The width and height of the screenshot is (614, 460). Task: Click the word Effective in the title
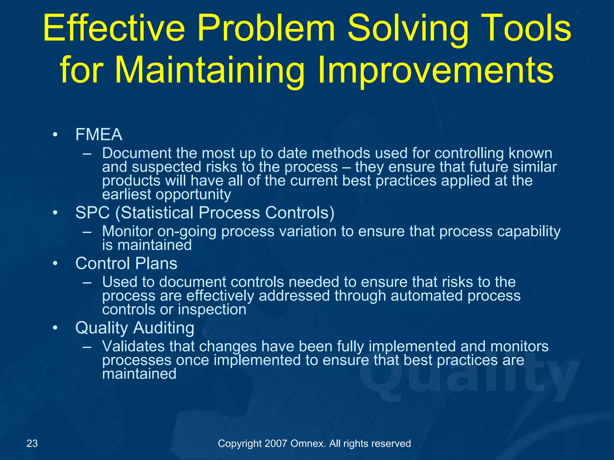(x=114, y=28)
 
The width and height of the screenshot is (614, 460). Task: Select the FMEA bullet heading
(x=99, y=134)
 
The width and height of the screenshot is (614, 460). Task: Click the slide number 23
(x=32, y=443)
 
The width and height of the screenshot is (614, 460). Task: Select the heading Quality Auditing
(x=135, y=328)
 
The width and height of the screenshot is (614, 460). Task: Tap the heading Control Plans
(x=126, y=264)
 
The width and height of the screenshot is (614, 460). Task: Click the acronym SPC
(x=92, y=213)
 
